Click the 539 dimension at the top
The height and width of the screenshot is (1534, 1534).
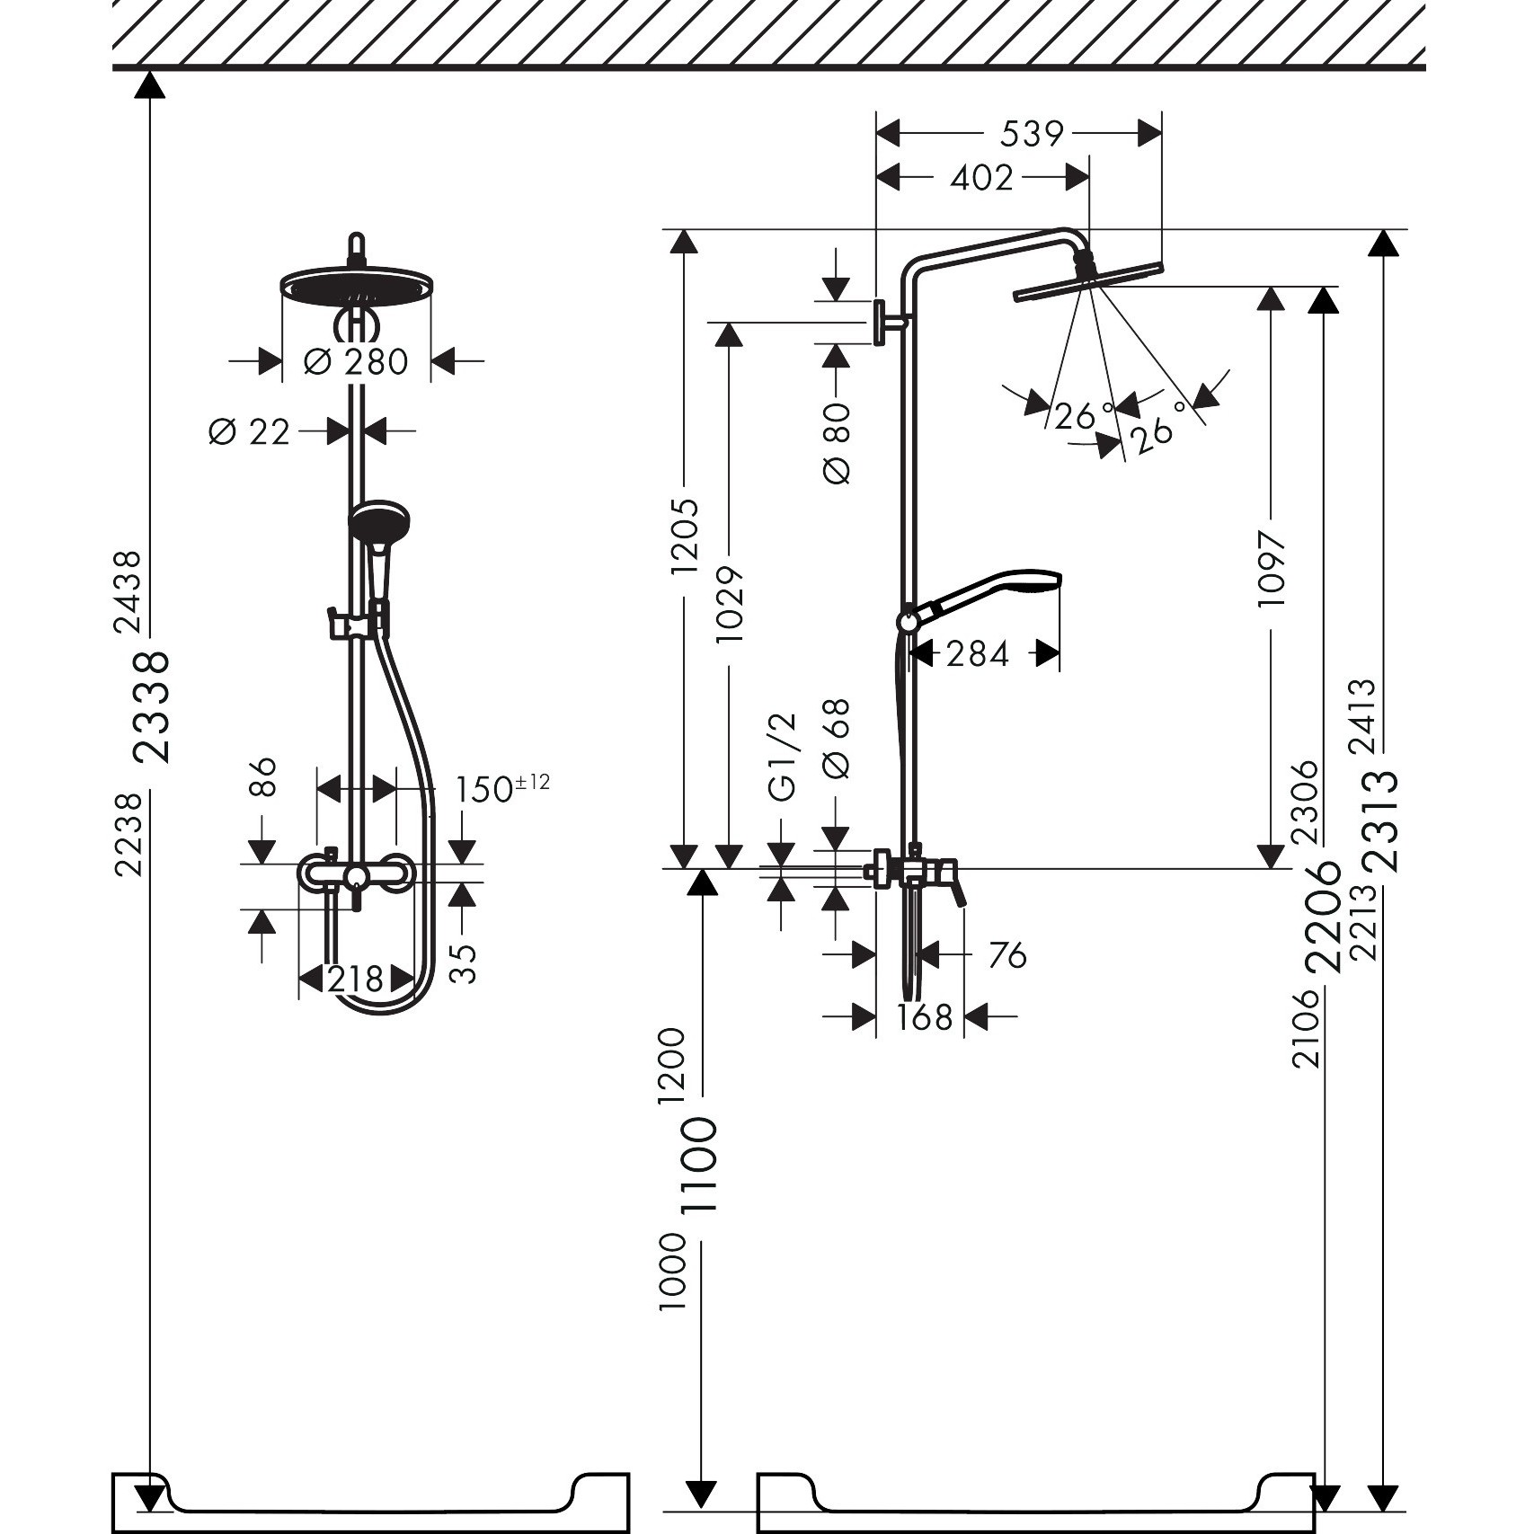[1031, 134]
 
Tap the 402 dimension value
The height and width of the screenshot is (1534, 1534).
[981, 178]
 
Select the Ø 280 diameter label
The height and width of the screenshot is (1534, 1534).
[357, 362]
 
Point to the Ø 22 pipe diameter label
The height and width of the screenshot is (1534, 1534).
[249, 432]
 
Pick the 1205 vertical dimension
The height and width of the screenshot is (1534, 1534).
[685, 536]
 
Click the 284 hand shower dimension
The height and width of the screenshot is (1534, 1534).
[978, 653]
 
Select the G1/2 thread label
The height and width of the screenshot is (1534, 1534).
[783, 757]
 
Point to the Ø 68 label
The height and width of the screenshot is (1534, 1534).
[836, 738]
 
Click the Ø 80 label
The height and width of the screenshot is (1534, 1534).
[836, 444]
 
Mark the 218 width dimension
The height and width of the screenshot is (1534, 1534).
[356, 979]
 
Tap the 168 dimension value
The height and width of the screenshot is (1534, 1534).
[924, 1017]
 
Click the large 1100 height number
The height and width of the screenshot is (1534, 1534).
[699, 1166]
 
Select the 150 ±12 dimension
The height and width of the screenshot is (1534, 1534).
[502, 788]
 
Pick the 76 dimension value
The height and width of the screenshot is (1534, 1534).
[1007, 955]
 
